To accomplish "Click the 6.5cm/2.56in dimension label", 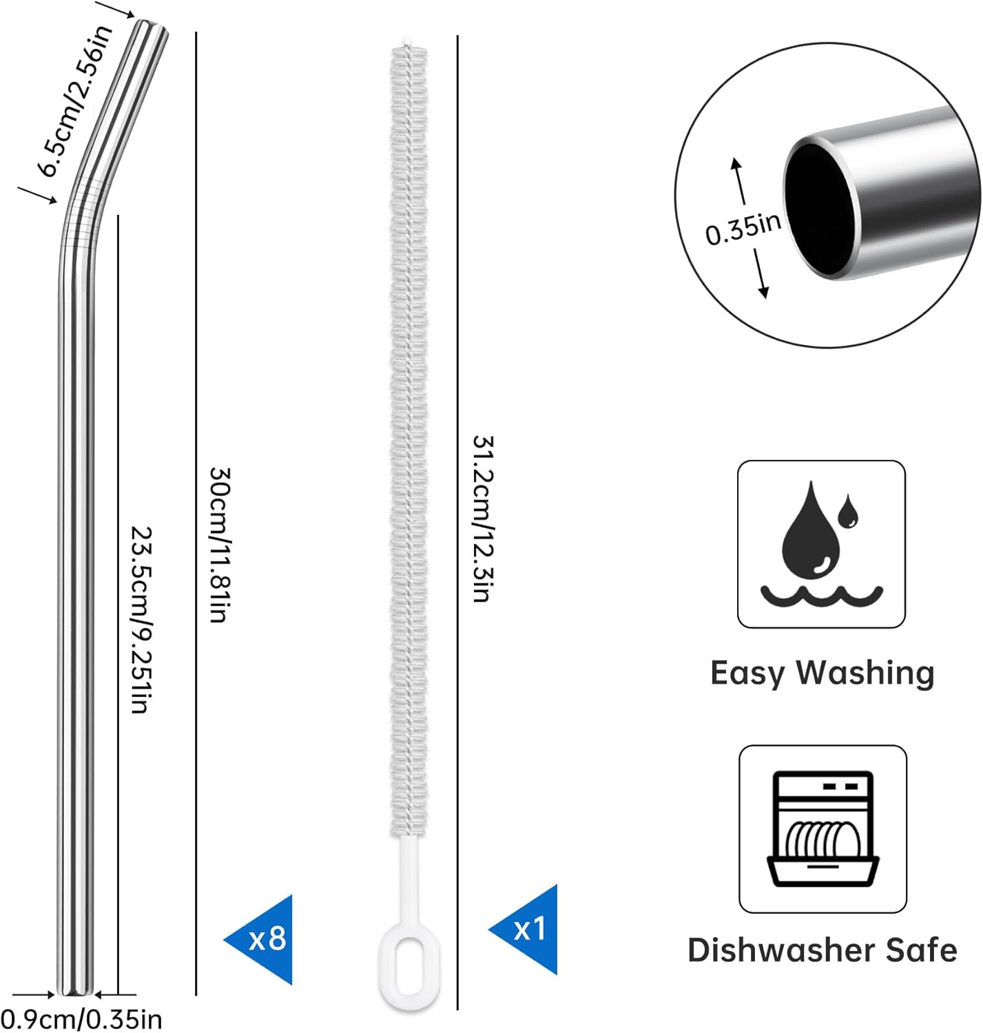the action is click(76, 101).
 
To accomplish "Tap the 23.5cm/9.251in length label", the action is click(141, 620).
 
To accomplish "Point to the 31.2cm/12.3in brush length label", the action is click(484, 519).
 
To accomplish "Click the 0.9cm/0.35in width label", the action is click(81, 1019).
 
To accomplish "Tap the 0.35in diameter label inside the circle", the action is click(743, 229).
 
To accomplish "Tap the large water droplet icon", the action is click(810, 530).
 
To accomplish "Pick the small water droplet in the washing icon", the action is click(847, 510).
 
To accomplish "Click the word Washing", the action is click(866, 673).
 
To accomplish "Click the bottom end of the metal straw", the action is click(76, 992).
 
